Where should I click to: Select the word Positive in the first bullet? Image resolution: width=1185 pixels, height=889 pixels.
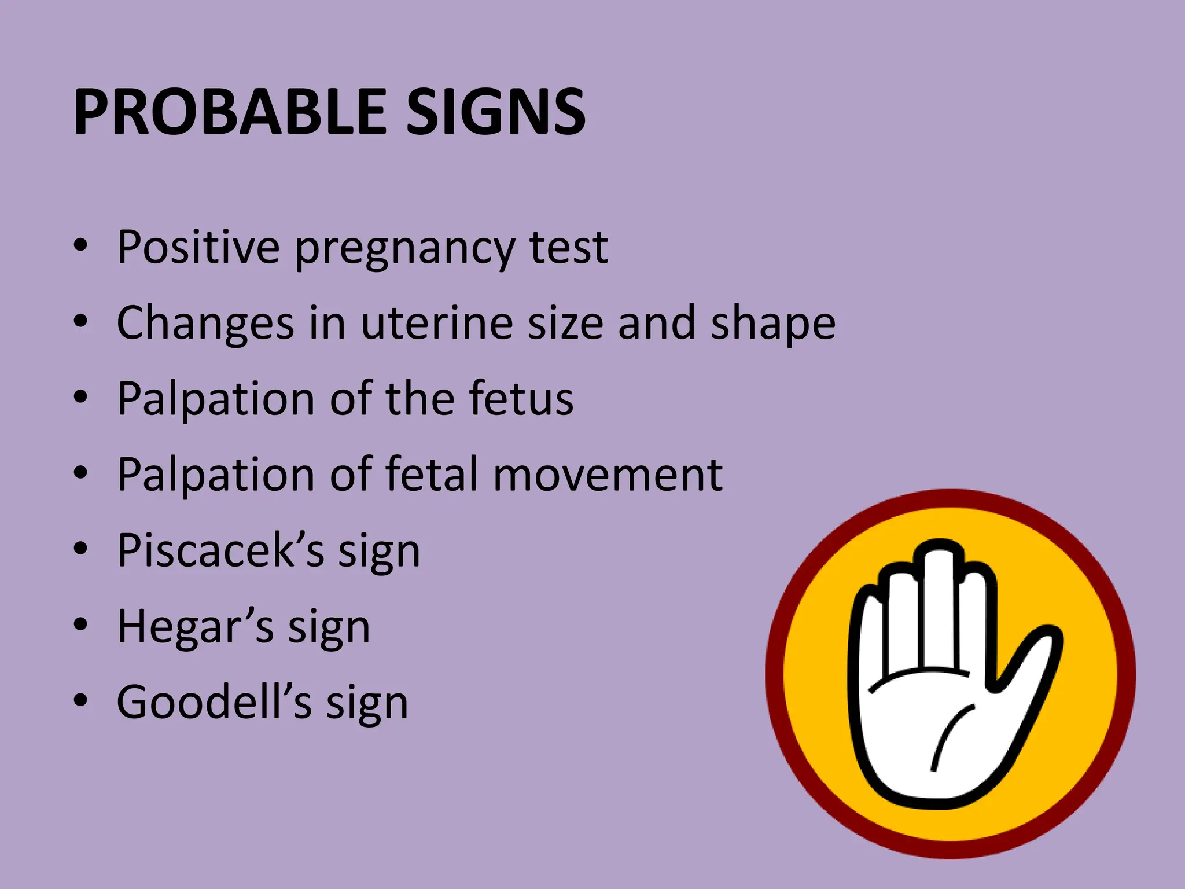pos(198,247)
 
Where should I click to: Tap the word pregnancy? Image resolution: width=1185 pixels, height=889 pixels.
pos(404,250)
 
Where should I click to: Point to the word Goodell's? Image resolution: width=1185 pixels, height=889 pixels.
pos(214,702)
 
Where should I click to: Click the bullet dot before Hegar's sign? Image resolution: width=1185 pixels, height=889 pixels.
pos(80,624)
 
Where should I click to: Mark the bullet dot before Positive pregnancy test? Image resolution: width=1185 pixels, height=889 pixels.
pos(80,245)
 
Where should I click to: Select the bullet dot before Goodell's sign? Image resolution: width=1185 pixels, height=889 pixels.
pos(80,700)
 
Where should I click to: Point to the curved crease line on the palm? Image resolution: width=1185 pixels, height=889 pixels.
pos(949,735)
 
